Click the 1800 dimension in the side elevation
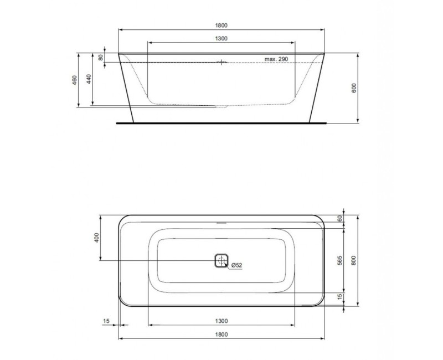(x=221, y=25)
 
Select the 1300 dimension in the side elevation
(x=221, y=38)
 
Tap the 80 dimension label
(x=101, y=57)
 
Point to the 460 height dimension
(x=74, y=80)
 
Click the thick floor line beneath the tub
(x=221, y=122)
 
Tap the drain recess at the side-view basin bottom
(x=221, y=105)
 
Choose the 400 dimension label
(x=96, y=238)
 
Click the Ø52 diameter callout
(x=236, y=265)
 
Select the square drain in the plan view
(x=221, y=261)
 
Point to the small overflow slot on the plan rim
(x=221, y=223)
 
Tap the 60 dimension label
(x=339, y=218)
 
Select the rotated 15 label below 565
(x=339, y=299)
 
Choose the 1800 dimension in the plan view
(x=221, y=334)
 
